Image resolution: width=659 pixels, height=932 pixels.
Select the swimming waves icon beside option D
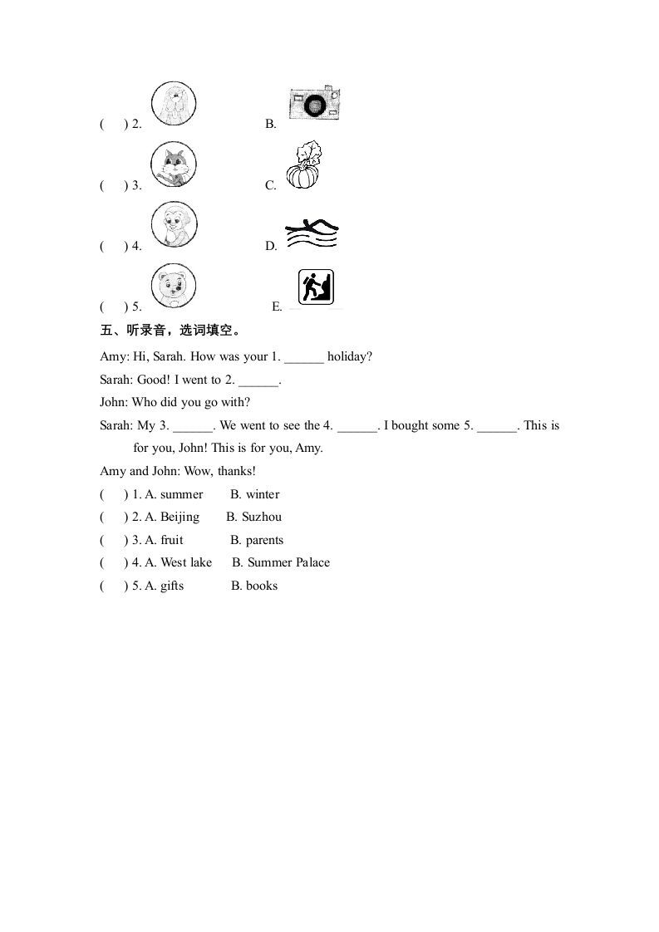click(311, 235)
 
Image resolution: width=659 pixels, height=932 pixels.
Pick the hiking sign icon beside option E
click(316, 287)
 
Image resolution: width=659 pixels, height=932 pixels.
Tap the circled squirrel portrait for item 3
click(174, 164)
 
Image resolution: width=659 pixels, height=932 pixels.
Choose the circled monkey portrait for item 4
click(174, 225)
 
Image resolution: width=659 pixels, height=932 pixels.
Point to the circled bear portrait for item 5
click(174, 286)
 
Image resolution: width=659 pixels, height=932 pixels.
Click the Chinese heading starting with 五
click(170, 331)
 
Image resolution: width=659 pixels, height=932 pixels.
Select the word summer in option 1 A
click(181, 494)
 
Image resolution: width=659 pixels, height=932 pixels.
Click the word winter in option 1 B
click(263, 494)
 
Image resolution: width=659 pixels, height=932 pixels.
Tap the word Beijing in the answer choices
click(180, 517)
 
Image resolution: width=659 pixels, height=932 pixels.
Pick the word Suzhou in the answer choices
click(262, 517)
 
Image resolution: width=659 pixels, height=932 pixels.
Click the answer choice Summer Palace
click(288, 562)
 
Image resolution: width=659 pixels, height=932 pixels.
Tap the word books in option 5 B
click(262, 586)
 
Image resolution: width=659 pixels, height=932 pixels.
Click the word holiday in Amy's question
click(350, 356)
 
